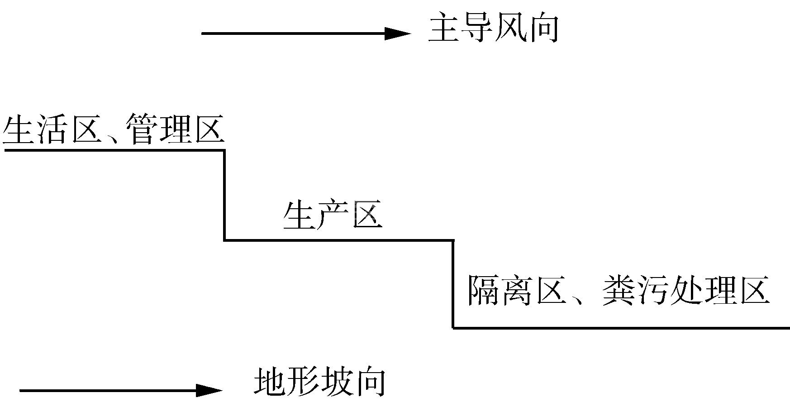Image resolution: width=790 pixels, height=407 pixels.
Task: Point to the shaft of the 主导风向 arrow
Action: click(x=294, y=34)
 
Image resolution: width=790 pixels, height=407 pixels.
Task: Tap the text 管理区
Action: click(x=176, y=130)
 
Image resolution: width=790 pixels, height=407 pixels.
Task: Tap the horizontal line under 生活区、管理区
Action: click(x=113, y=150)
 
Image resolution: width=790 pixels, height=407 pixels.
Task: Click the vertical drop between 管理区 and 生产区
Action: click(x=224, y=195)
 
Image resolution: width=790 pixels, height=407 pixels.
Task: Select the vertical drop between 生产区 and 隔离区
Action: click(x=453, y=284)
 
